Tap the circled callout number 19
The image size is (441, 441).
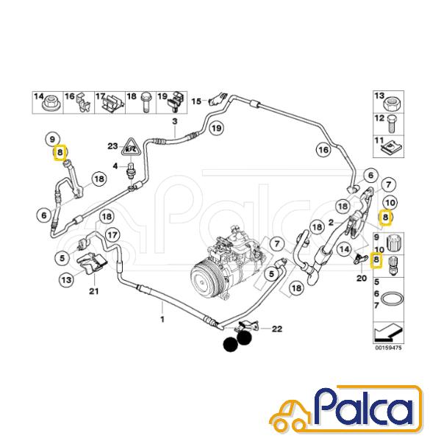point(216,129)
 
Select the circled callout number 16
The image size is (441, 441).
point(323,150)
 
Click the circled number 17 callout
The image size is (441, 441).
point(112,235)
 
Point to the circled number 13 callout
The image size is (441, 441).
point(67,280)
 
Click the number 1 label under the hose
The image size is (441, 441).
point(162,319)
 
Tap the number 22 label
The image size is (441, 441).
point(277,329)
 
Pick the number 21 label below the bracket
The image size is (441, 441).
point(94,290)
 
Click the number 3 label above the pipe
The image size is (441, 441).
point(175,121)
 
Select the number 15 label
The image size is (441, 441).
point(196,101)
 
